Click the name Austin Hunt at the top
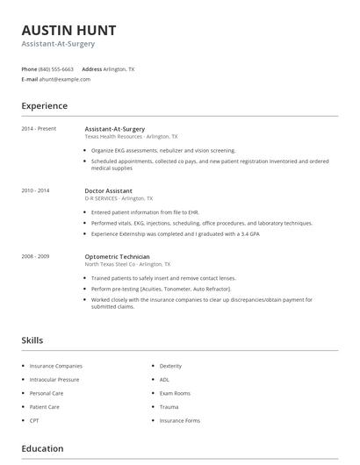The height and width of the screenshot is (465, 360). click(x=68, y=30)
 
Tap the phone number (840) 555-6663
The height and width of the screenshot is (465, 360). click(x=56, y=68)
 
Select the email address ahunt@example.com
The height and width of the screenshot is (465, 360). click(x=64, y=79)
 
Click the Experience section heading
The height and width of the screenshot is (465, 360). click(x=44, y=106)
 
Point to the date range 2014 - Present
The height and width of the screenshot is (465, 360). click(x=39, y=129)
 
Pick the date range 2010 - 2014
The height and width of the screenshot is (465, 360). click(x=35, y=190)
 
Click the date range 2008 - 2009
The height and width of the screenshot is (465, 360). click(x=35, y=256)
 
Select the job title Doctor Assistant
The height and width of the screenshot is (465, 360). click(x=109, y=190)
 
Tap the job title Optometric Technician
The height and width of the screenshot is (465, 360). click(x=117, y=256)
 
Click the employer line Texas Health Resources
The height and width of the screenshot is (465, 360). click(x=131, y=137)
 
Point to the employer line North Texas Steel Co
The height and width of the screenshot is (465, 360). click(x=127, y=264)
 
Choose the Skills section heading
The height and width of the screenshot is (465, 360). click(x=32, y=340)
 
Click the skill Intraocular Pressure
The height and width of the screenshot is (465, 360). click(x=54, y=380)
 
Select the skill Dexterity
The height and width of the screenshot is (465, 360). click(x=170, y=366)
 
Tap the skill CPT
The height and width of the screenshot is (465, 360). click(x=34, y=421)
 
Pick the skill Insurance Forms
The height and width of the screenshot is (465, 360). click(x=179, y=421)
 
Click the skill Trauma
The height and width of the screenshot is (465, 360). click(x=169, y=407)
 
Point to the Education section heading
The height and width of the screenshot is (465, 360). click(x=42, y=449)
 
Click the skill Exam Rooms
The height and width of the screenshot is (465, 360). click(x=175, y=393)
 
